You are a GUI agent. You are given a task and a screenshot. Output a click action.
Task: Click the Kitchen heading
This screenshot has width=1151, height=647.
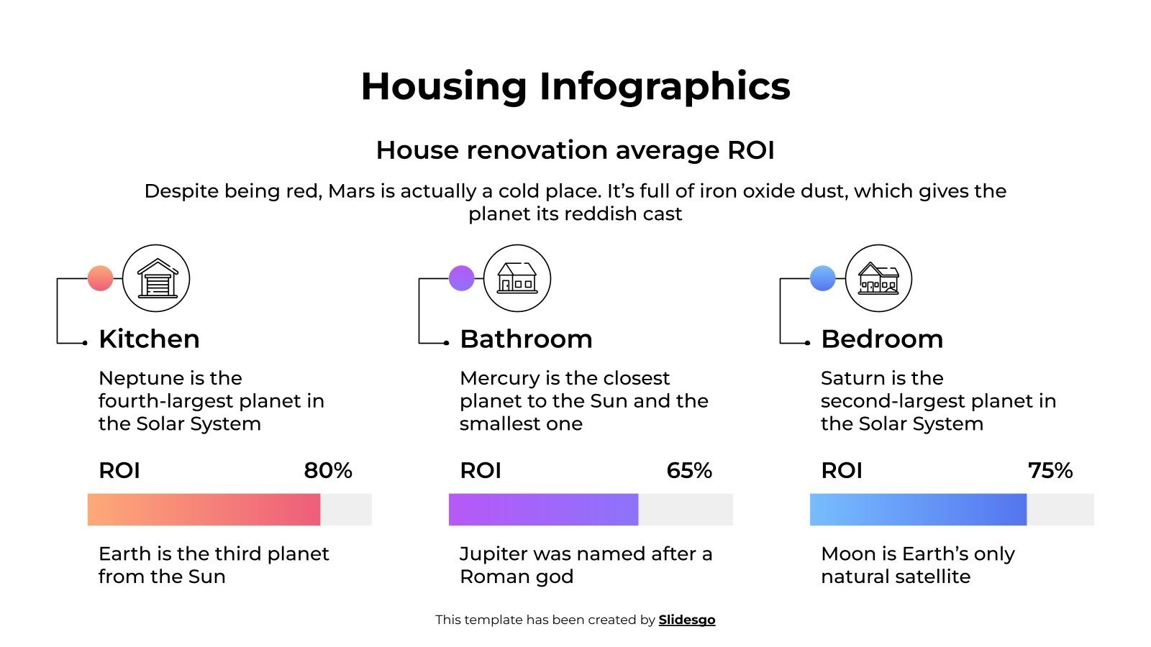[149, 339]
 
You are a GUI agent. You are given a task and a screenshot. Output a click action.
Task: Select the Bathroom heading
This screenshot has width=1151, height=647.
[526, 339]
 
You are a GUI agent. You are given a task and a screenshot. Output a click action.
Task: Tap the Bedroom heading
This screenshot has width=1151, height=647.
[882, 339]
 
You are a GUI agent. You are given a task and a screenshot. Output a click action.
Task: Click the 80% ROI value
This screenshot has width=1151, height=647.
[328, 471]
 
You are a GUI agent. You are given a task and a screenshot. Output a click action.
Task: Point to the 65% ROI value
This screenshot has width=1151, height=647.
[689, 471]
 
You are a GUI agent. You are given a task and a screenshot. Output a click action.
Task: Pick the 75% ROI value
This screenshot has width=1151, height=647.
[1050, 471]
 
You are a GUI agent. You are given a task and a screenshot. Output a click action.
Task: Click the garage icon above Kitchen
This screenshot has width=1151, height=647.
[156, 278]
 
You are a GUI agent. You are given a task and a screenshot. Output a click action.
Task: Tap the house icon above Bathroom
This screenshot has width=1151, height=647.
[517, 278]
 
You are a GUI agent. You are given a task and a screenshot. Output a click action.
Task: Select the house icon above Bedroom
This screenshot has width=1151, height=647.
[878, 278]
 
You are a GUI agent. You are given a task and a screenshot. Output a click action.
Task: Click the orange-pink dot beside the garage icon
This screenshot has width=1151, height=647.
[101, 278]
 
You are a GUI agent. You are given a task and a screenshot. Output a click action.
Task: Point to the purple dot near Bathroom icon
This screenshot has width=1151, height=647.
[462, 278]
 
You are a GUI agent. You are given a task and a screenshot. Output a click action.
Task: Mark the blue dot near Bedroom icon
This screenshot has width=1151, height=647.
[823, 278]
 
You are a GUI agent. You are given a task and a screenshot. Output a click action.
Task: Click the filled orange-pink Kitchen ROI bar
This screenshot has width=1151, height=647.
[204, 510]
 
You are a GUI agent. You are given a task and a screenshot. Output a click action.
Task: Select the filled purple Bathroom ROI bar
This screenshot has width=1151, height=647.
[543, 510]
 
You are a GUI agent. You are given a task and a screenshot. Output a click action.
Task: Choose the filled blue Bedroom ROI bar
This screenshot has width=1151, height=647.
[918, 510]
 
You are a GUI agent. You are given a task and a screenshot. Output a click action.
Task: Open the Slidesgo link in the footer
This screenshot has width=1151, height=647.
[687, 620]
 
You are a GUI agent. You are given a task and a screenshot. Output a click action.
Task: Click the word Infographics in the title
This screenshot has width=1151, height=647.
[665, 86]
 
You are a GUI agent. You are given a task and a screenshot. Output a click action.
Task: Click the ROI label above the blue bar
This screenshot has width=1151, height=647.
[842, 471]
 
